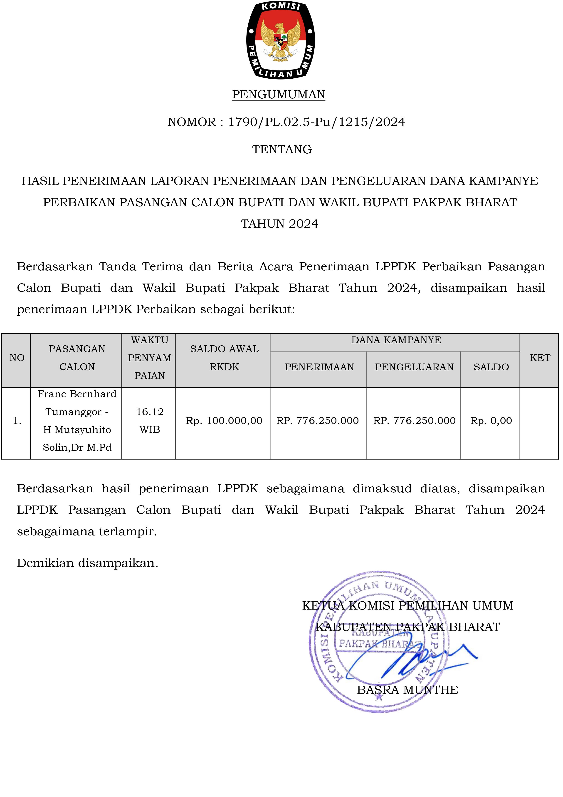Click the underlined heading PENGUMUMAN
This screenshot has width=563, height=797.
(279, 95)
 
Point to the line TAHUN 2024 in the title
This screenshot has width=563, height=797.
(280, 224)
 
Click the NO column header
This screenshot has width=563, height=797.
(17, 358)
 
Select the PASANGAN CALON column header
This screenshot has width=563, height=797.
(77, 358)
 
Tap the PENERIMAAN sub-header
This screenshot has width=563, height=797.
(319, 367)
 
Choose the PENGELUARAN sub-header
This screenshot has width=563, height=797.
(414, 367)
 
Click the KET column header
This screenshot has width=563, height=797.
(540, 358)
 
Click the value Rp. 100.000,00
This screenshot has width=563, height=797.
(224, 421)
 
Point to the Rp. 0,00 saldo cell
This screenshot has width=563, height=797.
(491, 421)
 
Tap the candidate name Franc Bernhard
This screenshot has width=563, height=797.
(77, 394)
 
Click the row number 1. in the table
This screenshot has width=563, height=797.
(17, 421)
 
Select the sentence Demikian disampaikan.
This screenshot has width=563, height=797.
(87, 563)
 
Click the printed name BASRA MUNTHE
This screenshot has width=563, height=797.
(407, 690)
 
